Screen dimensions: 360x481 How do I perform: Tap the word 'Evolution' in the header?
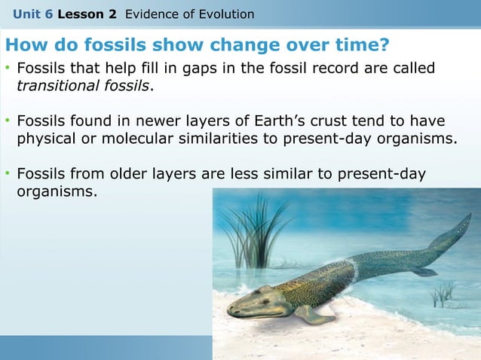[x=225, y=14]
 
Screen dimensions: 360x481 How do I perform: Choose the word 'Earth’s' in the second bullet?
[x=288, y=121]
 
